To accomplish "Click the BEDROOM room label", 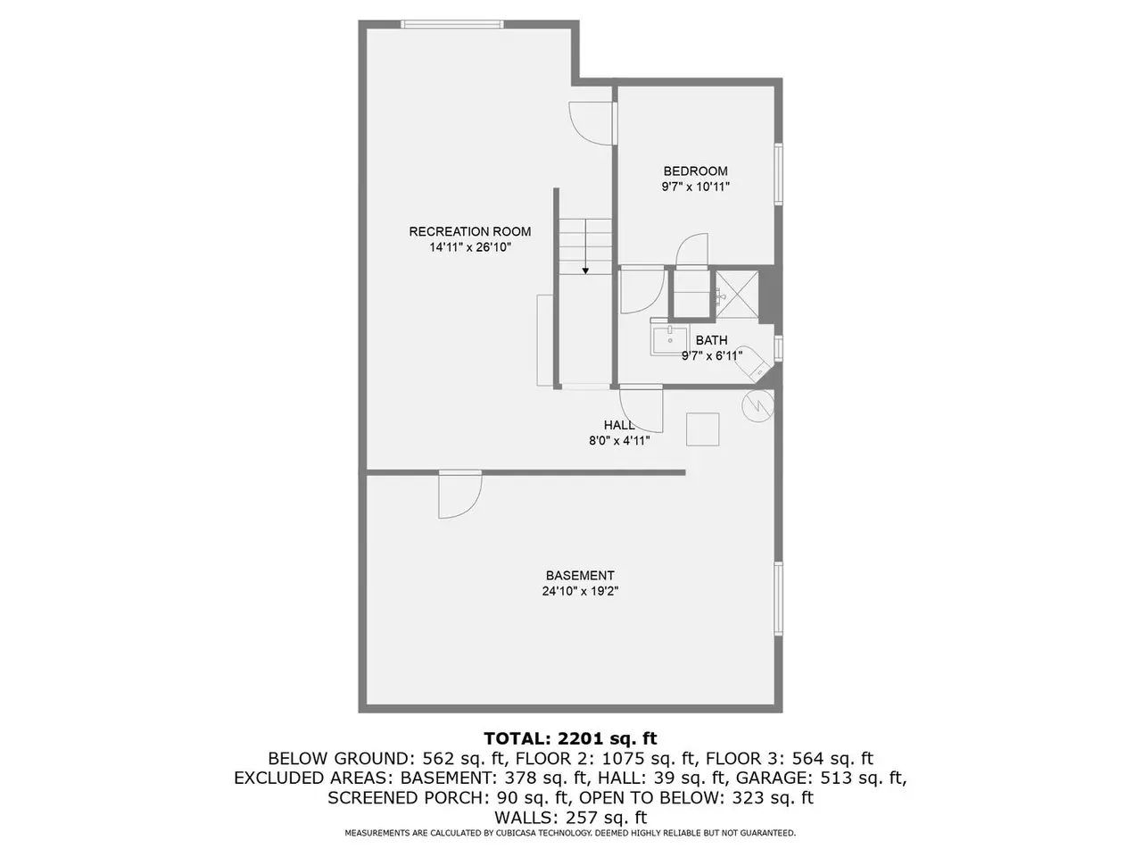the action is (x=695, y=171).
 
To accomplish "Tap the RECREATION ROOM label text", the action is (x=470, y=231).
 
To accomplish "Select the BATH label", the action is (x=711, y=340).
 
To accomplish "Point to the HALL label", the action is (x=619, y=425).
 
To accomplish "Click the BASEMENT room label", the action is (x=580, y=576).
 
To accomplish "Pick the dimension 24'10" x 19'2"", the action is (x=580, y=591).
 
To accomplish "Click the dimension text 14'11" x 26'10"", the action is (x=470, y=247).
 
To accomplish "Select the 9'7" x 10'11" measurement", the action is (x=696, y=187).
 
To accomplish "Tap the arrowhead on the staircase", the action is (x=585, y=271).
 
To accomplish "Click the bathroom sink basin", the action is (x=670, y=340).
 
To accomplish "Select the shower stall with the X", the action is (x=737, y=295).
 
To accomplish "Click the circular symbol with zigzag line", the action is (x=758, y=406).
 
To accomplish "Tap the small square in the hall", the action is (x=702, y=429).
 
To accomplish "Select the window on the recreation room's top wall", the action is (x=451, y=24).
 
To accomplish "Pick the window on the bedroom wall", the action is (x=778, y=174).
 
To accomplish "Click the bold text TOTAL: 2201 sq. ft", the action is (x=570, y=738).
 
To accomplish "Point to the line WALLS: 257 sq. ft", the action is (x=570, y=817).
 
